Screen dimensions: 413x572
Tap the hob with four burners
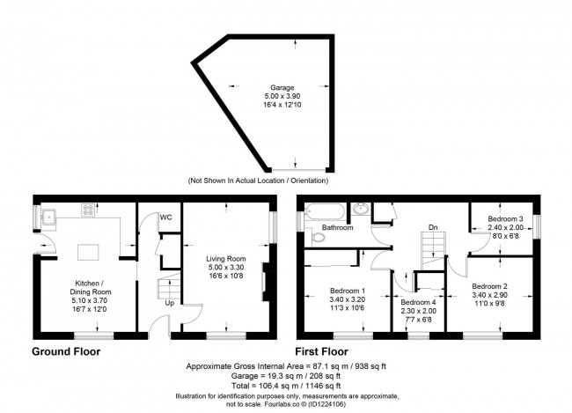tap(89, 210)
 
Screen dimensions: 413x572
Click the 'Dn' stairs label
tap(432, 228)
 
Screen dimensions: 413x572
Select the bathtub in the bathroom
tap(325, 211)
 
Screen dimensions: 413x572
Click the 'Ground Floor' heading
tap(66, 351)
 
